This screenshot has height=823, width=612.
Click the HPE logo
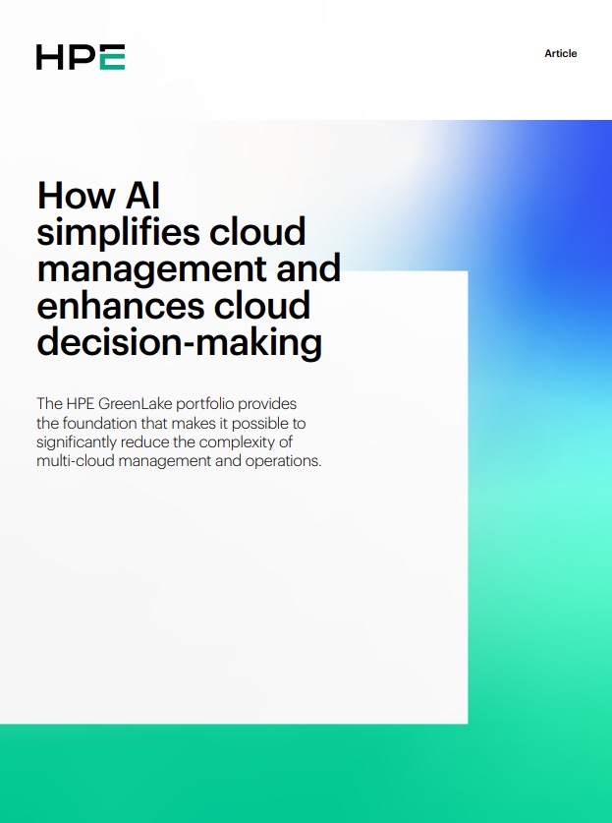tap(81, 57)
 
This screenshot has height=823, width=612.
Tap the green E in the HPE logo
tap(112, 57)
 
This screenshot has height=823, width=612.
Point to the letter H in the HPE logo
tap(49, 57)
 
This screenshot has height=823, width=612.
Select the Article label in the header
tap(561, 53)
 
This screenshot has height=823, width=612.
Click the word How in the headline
tap(76, 196)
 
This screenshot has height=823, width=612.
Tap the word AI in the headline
tap(142, 196)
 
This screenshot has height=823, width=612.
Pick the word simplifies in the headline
tap(118, 233)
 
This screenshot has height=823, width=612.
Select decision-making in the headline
tap(180, 342)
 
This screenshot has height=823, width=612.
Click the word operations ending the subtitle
tap(285, 460)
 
